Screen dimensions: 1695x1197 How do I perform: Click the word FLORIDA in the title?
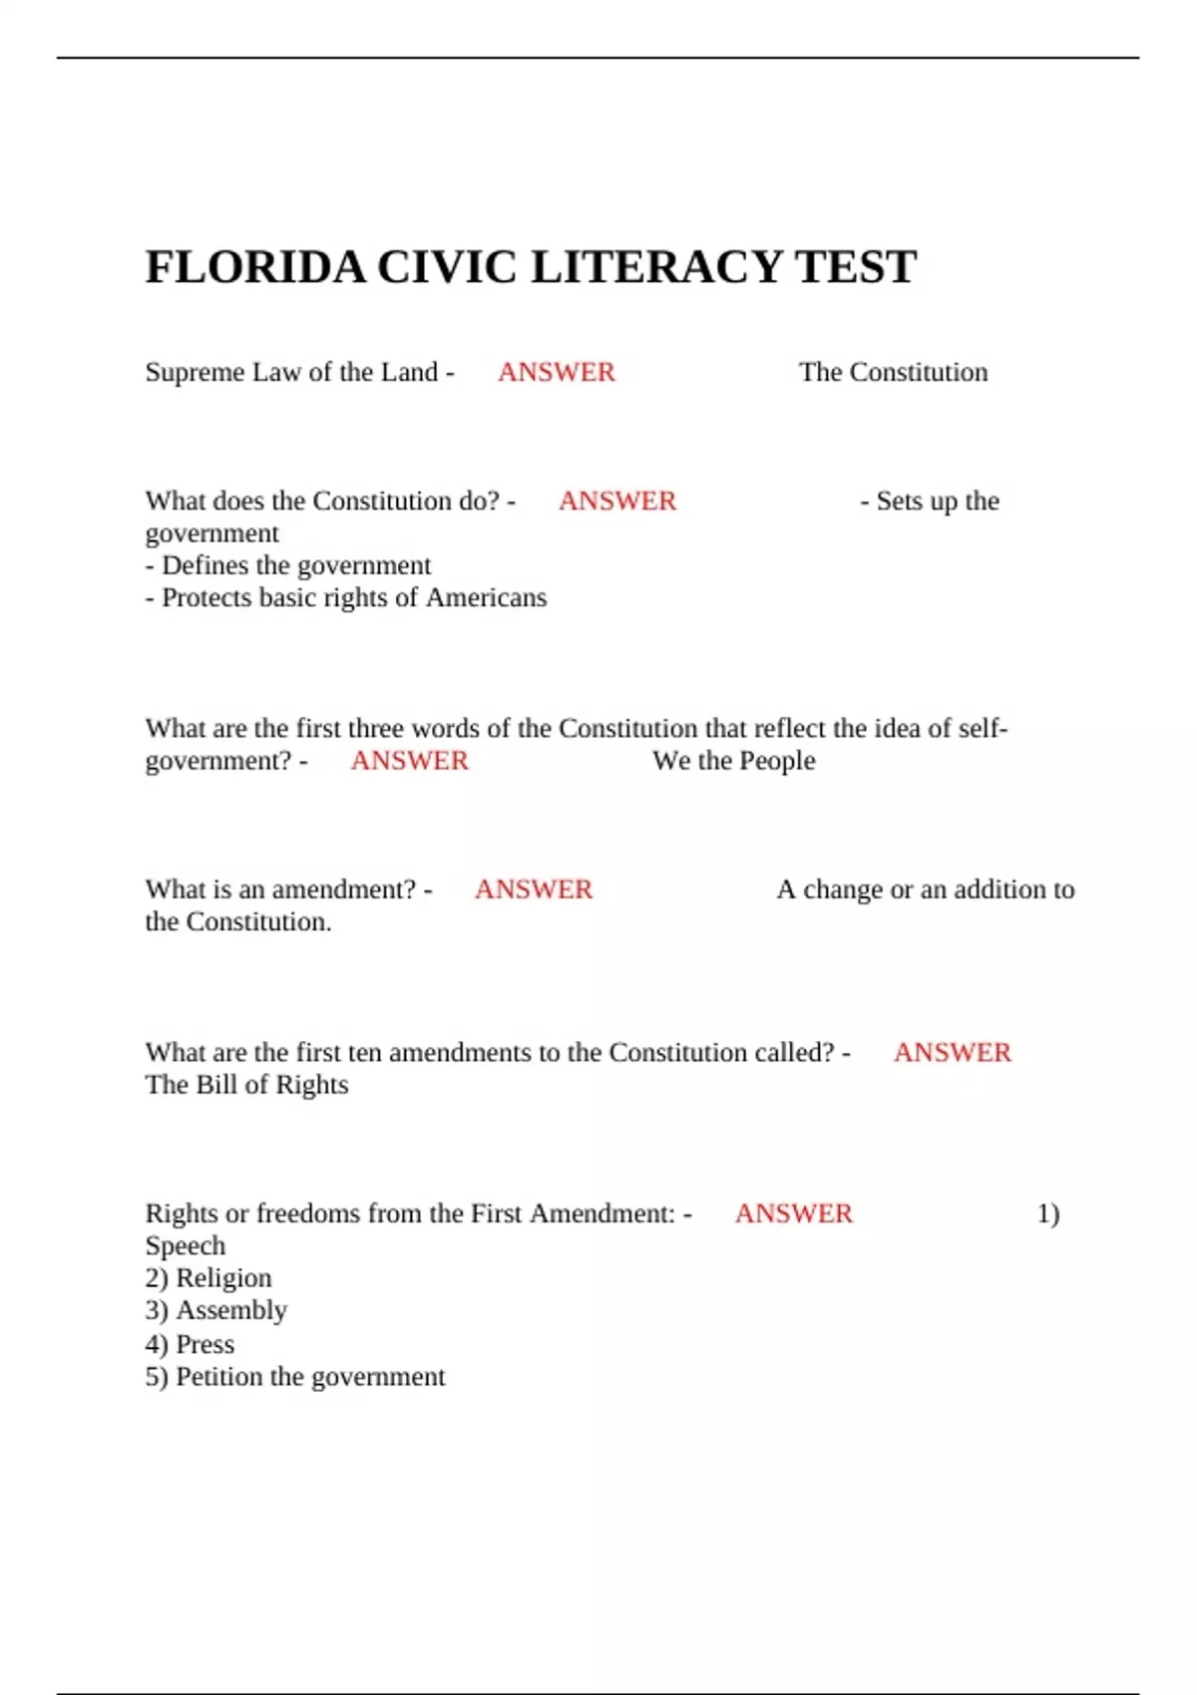pos(255,267)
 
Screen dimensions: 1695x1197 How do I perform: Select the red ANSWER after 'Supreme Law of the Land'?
pos(557,372)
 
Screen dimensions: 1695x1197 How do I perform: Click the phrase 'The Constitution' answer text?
pos(893,372)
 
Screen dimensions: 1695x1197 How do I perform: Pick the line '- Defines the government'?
pos(288,565)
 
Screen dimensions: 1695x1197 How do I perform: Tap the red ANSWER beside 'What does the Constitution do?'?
pos(617,501)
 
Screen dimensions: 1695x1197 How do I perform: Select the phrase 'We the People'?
pos(733,761)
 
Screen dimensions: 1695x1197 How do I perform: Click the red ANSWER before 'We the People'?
pos(409,761)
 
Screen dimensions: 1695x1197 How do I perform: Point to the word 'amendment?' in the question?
pos(344,889)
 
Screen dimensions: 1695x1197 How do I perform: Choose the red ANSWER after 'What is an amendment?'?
pos(534,889)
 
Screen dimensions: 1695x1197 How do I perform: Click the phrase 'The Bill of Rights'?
pos(246,1085)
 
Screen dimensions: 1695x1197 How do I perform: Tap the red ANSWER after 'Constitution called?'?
pos(952,1053)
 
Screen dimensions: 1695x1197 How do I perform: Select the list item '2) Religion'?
pos(208,1278)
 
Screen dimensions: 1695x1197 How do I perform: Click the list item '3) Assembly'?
pos(216,1310)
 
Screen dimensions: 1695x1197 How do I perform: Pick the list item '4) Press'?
pos(190,1344)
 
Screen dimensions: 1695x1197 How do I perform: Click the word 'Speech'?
pos(186,1246)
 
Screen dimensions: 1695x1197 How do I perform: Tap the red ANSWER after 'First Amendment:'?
pos(794,1213)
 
